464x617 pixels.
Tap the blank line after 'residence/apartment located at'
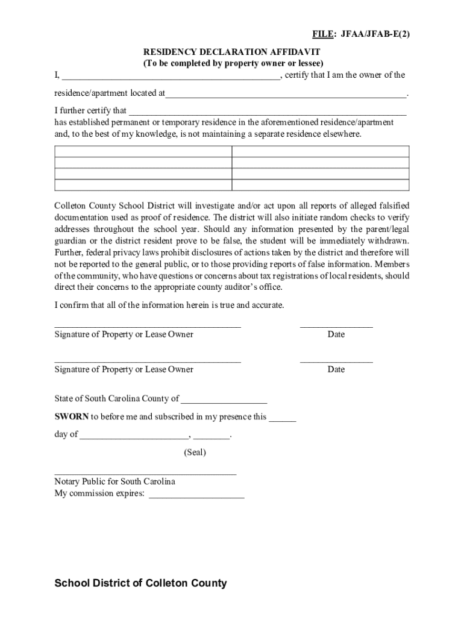click(286, 94)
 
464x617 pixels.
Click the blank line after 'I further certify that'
click(268, 111)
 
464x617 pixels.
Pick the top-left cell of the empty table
click(143, 151)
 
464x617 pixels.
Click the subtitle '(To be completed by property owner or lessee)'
click(233, 63)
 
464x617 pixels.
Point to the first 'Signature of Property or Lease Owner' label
click(124, 334)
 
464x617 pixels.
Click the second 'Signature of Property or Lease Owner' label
click(124, 369)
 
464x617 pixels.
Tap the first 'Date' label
click(336, 334)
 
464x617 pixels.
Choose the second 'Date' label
click(336, 369)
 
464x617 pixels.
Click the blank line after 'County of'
click(224, 399)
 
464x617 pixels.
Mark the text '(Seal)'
click(195, 452)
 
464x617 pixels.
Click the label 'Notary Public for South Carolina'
click(114, 481)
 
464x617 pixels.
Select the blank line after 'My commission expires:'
click(196, 494)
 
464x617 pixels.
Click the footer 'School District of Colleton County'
click(140, 583)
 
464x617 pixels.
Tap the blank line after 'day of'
click(134, 434)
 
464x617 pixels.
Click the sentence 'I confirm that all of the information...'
click(169, 305)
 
